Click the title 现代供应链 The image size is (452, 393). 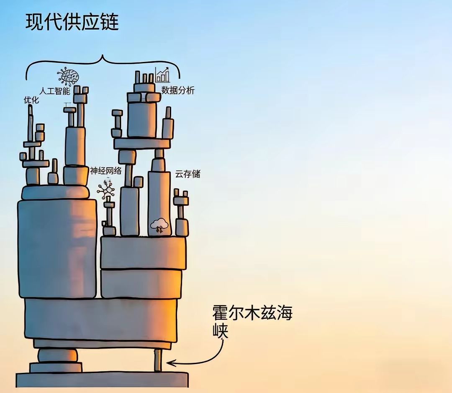72,22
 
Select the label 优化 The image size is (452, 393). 31,100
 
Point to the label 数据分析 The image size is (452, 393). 178,90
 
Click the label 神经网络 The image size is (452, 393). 106,171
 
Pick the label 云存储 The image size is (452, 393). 187,174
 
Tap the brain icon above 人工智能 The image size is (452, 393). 68,77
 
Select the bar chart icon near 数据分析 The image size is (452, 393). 162,75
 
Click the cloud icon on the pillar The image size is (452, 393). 159,225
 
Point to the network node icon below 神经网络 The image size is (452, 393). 106,189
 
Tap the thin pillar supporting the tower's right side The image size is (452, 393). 158,360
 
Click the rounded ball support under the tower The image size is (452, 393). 58,355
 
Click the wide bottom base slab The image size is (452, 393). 102,380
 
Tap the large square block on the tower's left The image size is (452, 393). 57,249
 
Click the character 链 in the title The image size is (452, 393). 109,22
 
